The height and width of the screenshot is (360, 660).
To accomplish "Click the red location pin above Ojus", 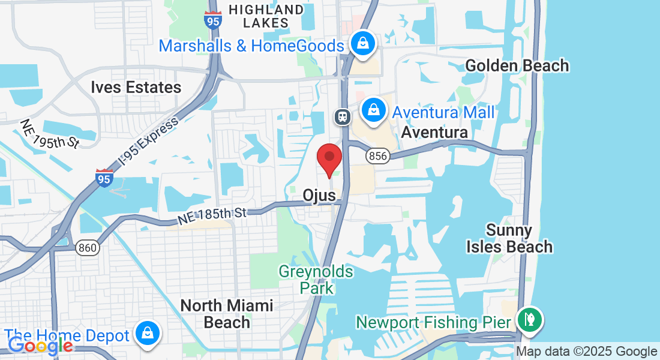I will [x=329, y=159].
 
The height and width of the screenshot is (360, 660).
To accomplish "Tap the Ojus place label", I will [x=319, y=196].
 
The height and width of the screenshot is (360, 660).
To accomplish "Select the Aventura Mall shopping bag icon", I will [x=374, y=110].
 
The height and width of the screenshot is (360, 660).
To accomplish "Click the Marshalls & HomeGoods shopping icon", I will [x=362, y=43].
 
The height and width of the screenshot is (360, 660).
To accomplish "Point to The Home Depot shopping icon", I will [x=147, y=333].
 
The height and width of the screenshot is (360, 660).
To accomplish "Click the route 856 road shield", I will [x=378, y=156].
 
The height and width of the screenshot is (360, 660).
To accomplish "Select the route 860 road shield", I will [x=88, y=247].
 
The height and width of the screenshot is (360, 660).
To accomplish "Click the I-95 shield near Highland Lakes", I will [x=212, y=20].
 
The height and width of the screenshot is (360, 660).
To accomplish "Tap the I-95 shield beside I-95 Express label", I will [x=104, y=178].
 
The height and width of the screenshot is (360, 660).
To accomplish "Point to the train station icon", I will [x=343, y=116].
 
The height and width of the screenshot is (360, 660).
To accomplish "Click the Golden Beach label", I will [x=517, y=65].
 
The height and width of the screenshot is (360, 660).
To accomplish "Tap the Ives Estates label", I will [x=136, y=88].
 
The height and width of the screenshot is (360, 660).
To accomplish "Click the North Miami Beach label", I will [x=227, y=314].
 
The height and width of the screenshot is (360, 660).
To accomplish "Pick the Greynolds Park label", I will [x=316, y=280].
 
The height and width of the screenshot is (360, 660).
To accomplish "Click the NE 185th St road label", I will [x=213, y=215].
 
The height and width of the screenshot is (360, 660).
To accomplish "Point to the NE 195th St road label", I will [x=49, y=134].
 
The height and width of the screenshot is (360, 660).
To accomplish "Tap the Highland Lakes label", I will [x=266, y=16].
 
